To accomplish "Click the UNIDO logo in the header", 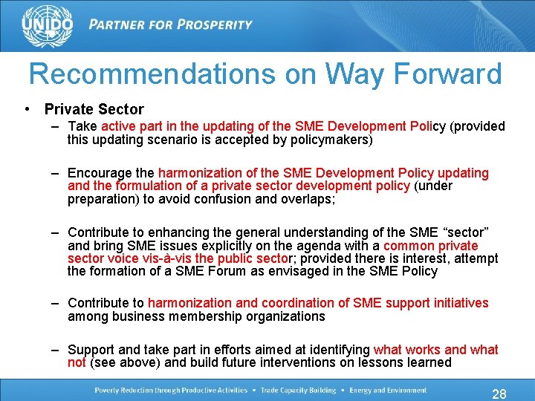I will click(48, 26).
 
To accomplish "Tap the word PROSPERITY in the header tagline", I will click(213, 25).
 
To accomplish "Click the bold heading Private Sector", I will click(94, 109).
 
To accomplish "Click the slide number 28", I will click(499, 394).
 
